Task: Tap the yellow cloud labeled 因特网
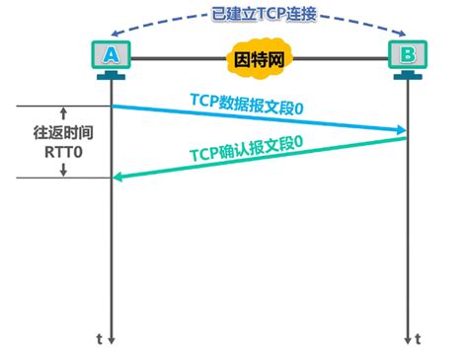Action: click(258, 58)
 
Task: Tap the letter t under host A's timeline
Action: click(99, 338)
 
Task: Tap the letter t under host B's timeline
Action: click(421, 338)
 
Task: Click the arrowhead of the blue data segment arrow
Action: click(401, 129)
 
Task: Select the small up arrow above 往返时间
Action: click(62, 112)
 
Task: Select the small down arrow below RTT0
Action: click(62, 172)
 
